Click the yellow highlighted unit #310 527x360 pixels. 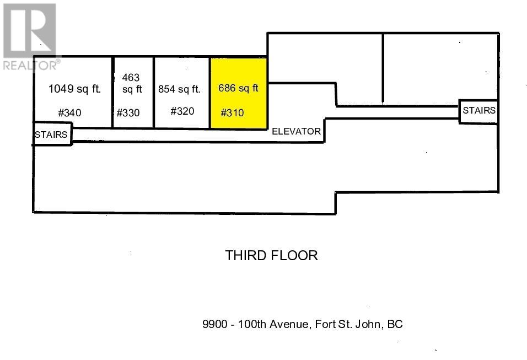click(239, 93)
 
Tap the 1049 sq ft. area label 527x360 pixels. click(74, 89)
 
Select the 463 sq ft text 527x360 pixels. click(132, 83)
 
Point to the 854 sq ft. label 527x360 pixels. click(180, 89)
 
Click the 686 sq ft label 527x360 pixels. click(238, 88)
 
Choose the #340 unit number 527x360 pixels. click(69, 112)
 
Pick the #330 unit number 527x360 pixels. click(128, 112)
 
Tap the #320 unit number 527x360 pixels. click(182, 111)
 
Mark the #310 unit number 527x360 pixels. click(232, 112)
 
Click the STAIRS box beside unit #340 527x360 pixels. click(52, 134)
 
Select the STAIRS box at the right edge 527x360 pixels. click(478, 111)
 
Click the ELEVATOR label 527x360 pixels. click(296, 131)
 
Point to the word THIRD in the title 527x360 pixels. click(245, 255)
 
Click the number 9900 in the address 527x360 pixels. click(215, 324)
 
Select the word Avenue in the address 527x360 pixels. click(289, 324)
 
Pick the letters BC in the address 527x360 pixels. click(395, 324)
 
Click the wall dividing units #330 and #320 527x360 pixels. click(154, 93)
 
